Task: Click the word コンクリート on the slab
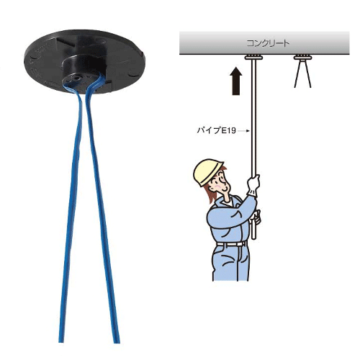coord(268,43)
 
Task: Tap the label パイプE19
coord(217,131)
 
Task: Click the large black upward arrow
coord(236,81)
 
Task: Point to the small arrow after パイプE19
coord(245,131)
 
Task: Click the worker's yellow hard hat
coord(208,171)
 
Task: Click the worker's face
coord(221,184)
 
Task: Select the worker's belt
coord(231,244)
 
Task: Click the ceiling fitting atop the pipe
coord(253,58)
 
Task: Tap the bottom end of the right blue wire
coord(117,342)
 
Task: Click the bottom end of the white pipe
coord(253,238)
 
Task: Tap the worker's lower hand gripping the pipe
coord(256,218)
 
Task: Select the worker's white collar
coord(227,203)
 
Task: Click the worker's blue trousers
coord(231,264)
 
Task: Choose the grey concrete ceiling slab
coord(264,43)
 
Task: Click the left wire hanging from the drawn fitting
coord(297,73)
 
